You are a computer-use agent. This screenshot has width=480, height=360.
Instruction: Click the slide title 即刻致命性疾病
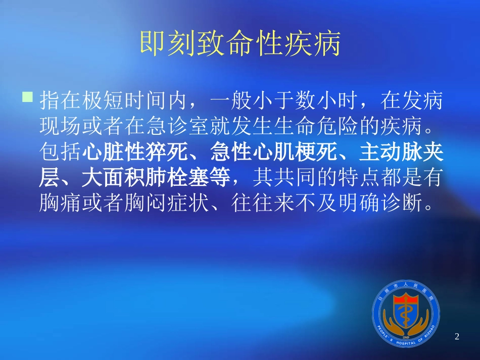[x=240, y=44]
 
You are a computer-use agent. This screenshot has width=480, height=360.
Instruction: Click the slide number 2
[x=457, y=337]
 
